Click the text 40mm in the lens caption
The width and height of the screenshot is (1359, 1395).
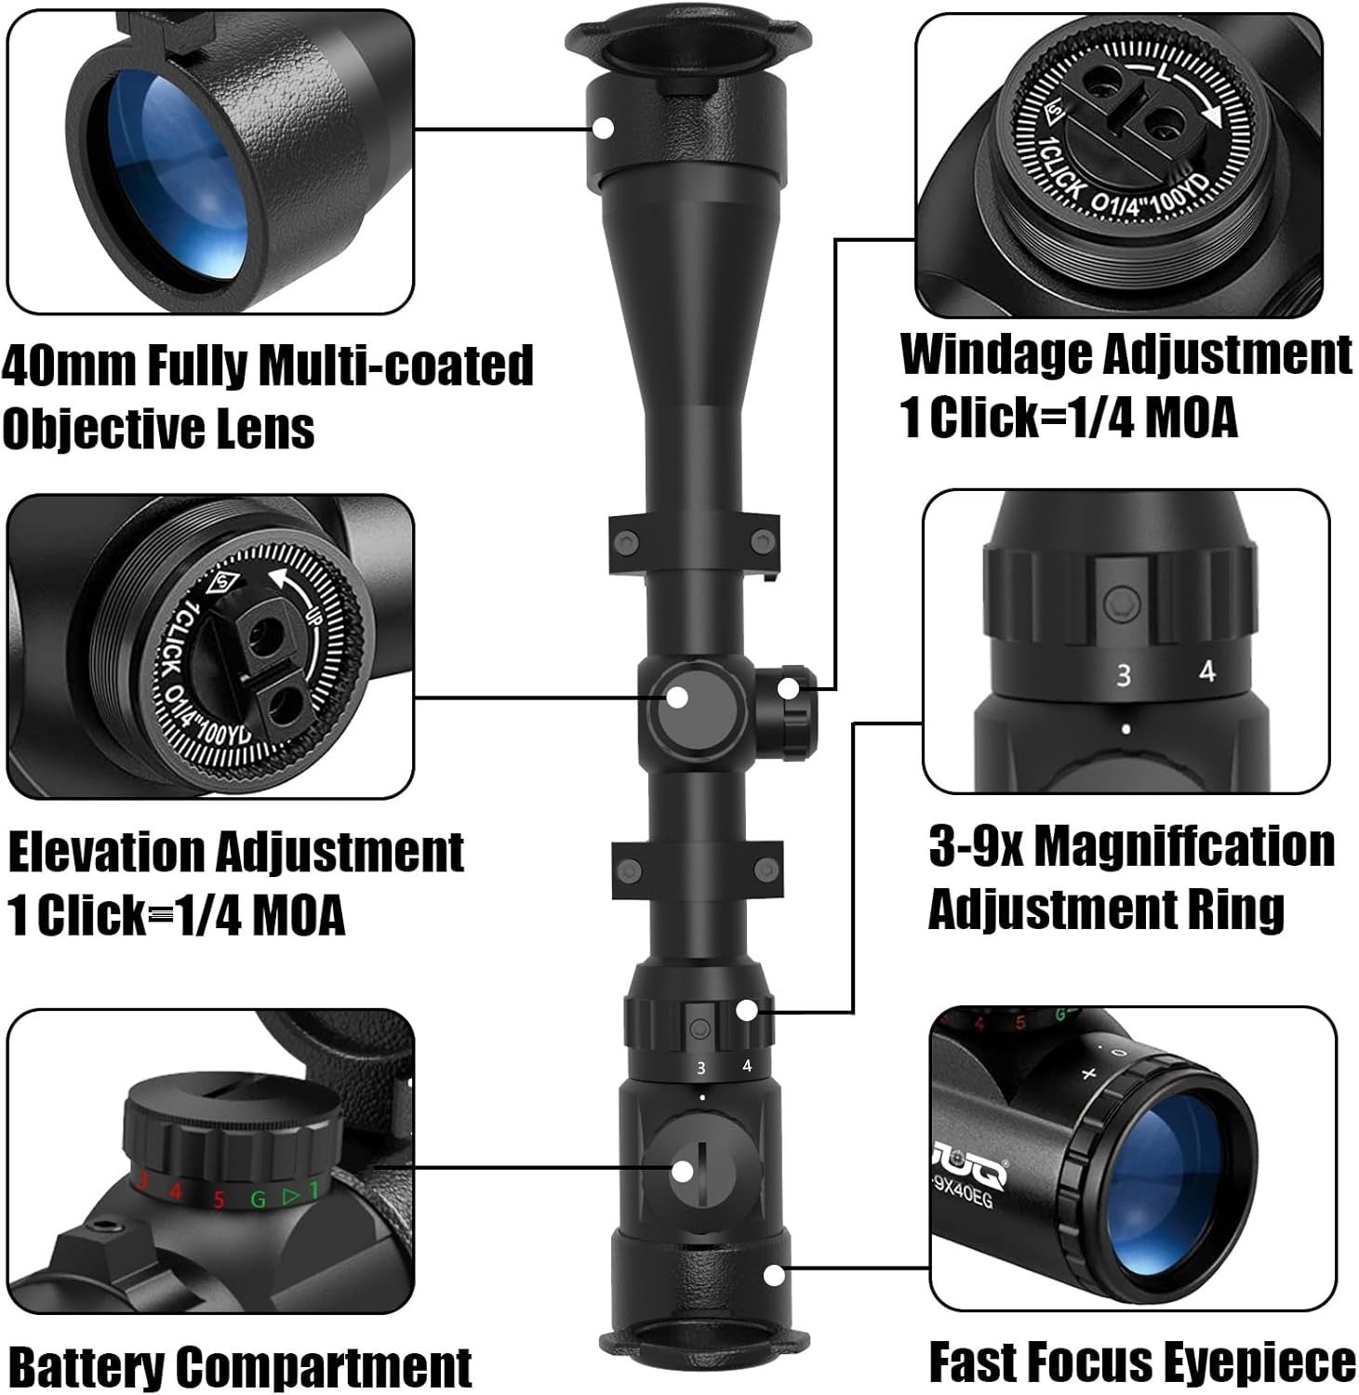pos(69,365)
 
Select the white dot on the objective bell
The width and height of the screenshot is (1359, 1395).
pos(604,127)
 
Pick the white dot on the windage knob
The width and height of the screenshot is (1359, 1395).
pos(787,689)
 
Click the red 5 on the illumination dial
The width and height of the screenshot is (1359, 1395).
pos(219,1199)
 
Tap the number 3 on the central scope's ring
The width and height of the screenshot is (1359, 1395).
pos(701,1069)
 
